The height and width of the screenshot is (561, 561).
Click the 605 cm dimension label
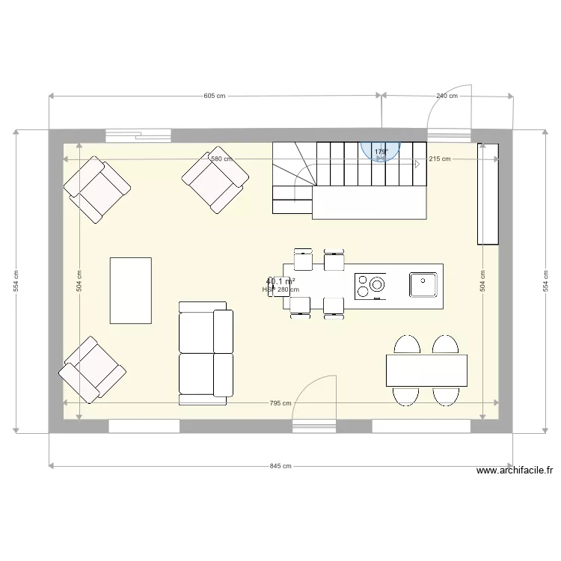(x=215, y=96)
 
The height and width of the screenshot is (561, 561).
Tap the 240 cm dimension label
(x=447, y=96)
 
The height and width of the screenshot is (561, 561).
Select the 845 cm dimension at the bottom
(x=280, y=466)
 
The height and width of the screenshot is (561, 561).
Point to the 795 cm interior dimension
(x=280, y=403)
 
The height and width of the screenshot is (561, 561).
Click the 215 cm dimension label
(x=441, y=159)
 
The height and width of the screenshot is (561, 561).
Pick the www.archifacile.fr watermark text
(x=515, y=470)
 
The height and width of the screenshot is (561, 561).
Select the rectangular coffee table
(x=131, y=290)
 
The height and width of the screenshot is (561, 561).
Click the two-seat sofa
(x=203, y=353)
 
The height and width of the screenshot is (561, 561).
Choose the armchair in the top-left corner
(x=98, y=188)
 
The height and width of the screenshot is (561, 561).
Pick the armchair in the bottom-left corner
(x=92, y=370)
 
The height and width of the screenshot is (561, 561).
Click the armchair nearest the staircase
(x=215, y=182)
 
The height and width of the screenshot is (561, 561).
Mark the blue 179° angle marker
(x=381, y=152)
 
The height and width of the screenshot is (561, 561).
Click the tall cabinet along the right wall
(x=488, y=193)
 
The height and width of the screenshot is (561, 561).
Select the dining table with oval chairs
(x=426, y=370)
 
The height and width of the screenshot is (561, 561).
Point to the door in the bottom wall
(x=314, y=426)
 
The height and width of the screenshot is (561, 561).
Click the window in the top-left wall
(x=138, y=135)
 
